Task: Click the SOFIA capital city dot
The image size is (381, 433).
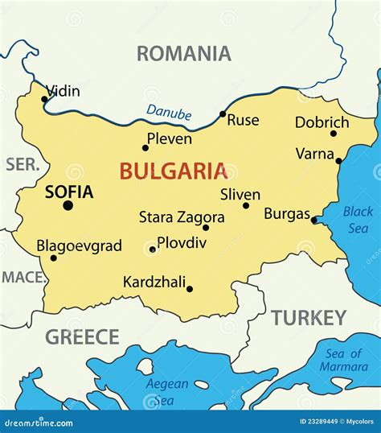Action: (68, 206)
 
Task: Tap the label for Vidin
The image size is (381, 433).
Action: (63, 91)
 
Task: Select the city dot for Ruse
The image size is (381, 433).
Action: (223, 114)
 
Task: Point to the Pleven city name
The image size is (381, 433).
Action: (169, 139)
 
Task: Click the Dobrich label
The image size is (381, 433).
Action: (322, 122)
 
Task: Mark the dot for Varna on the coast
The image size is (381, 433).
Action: (338, 161)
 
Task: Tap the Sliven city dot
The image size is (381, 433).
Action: (246, 205)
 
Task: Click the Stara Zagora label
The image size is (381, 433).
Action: (182, 216)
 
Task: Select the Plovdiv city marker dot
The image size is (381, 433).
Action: (153, 249)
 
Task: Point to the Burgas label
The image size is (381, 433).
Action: (287, 214)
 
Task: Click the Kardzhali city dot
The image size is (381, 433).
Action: (190, 289)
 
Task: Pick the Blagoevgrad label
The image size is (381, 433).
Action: (79, 245)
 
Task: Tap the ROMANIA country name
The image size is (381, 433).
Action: (183, 54)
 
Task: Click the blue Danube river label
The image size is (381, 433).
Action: (169, 113)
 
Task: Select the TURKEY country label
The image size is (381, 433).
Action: (308, 318)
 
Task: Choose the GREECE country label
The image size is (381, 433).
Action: (82, 337)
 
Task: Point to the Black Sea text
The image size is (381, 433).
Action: (358, 219)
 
